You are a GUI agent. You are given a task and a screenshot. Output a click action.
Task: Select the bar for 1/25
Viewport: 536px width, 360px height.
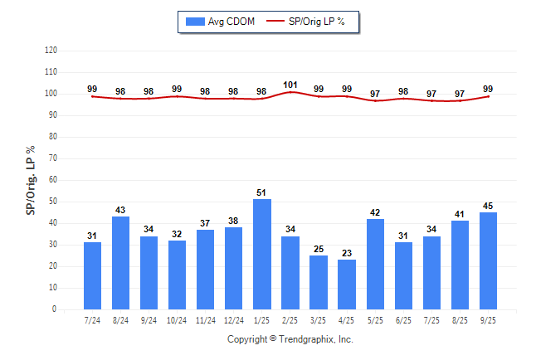pos(262,254)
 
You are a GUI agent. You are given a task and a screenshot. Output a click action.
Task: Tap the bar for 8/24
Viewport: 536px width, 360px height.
pos(120,263)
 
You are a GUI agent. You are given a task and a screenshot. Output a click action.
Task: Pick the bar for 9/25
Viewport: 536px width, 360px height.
pos(488,260)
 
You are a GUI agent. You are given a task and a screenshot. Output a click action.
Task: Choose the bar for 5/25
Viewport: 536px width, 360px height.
pos(375,264)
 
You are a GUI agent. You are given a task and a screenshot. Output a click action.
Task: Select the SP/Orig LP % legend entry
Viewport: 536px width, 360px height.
pos(313,21)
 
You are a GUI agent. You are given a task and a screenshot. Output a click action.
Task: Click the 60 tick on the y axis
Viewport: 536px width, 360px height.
pos(53,180)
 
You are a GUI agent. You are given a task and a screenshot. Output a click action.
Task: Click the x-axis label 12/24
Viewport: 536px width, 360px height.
pos(233,320)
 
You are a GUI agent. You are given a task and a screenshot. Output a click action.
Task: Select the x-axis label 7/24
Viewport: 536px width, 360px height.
pos(92,320)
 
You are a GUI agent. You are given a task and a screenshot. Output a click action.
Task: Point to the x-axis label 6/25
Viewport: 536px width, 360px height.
pos(403,320)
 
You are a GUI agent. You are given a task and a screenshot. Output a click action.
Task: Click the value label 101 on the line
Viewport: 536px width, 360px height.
pos(290,85)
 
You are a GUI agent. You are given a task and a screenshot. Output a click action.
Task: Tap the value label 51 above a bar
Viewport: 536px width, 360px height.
pos(262,193)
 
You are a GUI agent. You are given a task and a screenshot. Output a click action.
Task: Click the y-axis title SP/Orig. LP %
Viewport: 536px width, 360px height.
pos(31,179)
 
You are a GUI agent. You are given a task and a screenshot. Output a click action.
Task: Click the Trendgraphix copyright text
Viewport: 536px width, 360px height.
pos(290,339)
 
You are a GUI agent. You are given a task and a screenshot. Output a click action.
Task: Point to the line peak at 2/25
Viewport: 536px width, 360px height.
pos(290,92)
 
